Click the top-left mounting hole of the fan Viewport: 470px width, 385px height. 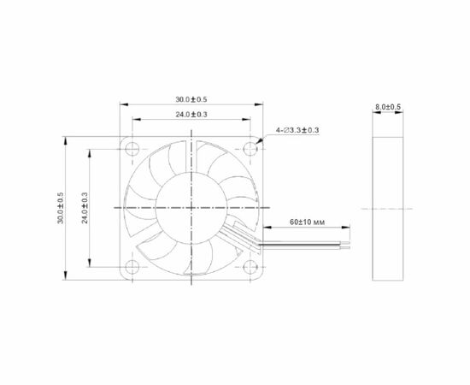point(132,149)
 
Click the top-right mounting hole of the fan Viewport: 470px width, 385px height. point(250,149)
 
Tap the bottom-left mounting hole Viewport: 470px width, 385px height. point(132,267)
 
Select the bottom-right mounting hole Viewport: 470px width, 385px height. point(250,267)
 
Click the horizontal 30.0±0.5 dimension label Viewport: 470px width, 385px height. point(191,99)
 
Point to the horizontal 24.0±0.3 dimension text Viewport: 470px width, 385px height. point(191,115)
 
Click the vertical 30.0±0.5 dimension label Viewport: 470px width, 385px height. point(61,208)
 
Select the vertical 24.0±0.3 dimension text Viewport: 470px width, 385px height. point(85,208)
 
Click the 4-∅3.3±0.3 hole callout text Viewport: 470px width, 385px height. point(297,130)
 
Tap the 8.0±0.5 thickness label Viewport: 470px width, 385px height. point(388,107)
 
